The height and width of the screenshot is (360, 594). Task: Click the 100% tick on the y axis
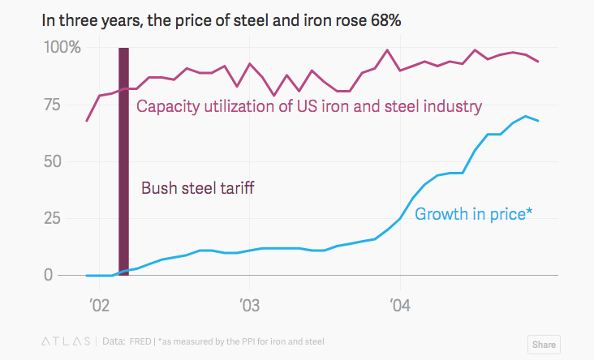(x=62, y=48)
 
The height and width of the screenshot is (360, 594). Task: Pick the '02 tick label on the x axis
(x=99, y=306)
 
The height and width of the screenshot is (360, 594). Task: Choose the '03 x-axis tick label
(x=249, y=306)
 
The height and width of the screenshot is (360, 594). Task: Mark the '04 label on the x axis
(x=399, y=306)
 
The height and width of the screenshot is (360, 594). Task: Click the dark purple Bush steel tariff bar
(x=124, y=162)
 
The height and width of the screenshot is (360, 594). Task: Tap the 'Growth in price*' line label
(x=473, y=215)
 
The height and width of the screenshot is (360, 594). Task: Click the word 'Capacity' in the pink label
(x=169, y=106)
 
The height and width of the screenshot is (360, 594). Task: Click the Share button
(x=544, y=344)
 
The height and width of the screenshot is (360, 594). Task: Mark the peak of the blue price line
(x=526, y=116)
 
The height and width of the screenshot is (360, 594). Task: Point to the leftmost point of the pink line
(x=87, y=121)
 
